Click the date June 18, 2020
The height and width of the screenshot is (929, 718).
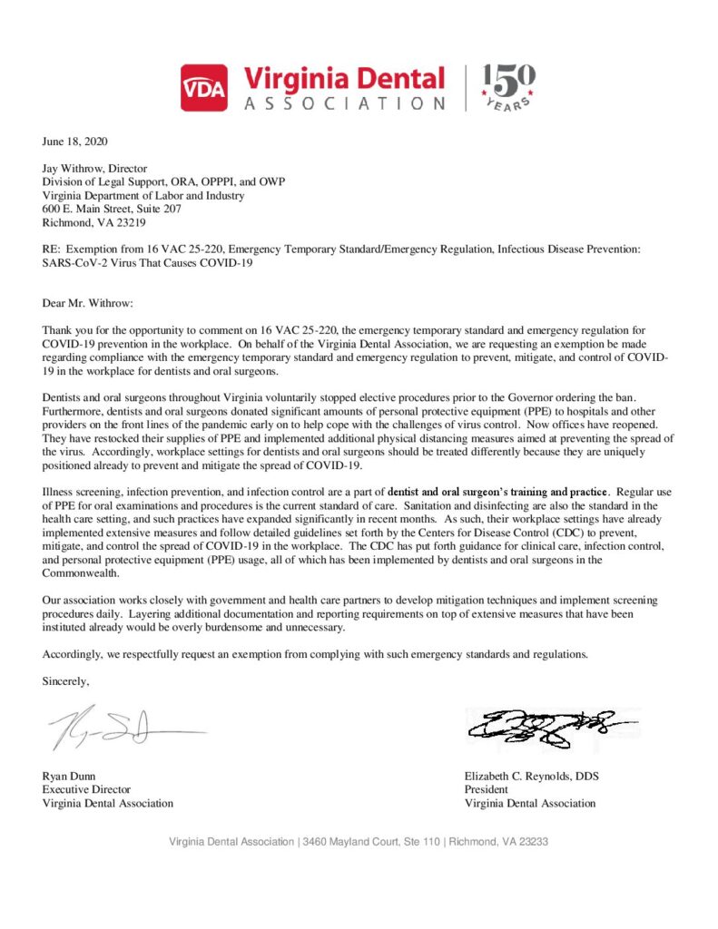(75, 142)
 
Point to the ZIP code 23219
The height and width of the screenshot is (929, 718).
(131, 221)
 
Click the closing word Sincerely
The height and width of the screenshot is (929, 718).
(66, 681)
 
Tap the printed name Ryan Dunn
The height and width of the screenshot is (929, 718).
(69, 776)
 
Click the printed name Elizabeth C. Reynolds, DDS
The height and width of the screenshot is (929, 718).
(531, 776)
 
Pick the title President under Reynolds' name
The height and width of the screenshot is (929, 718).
(487, 789)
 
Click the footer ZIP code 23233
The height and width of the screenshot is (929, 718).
(529, 842)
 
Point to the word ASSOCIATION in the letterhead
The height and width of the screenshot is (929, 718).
(345, 103)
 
